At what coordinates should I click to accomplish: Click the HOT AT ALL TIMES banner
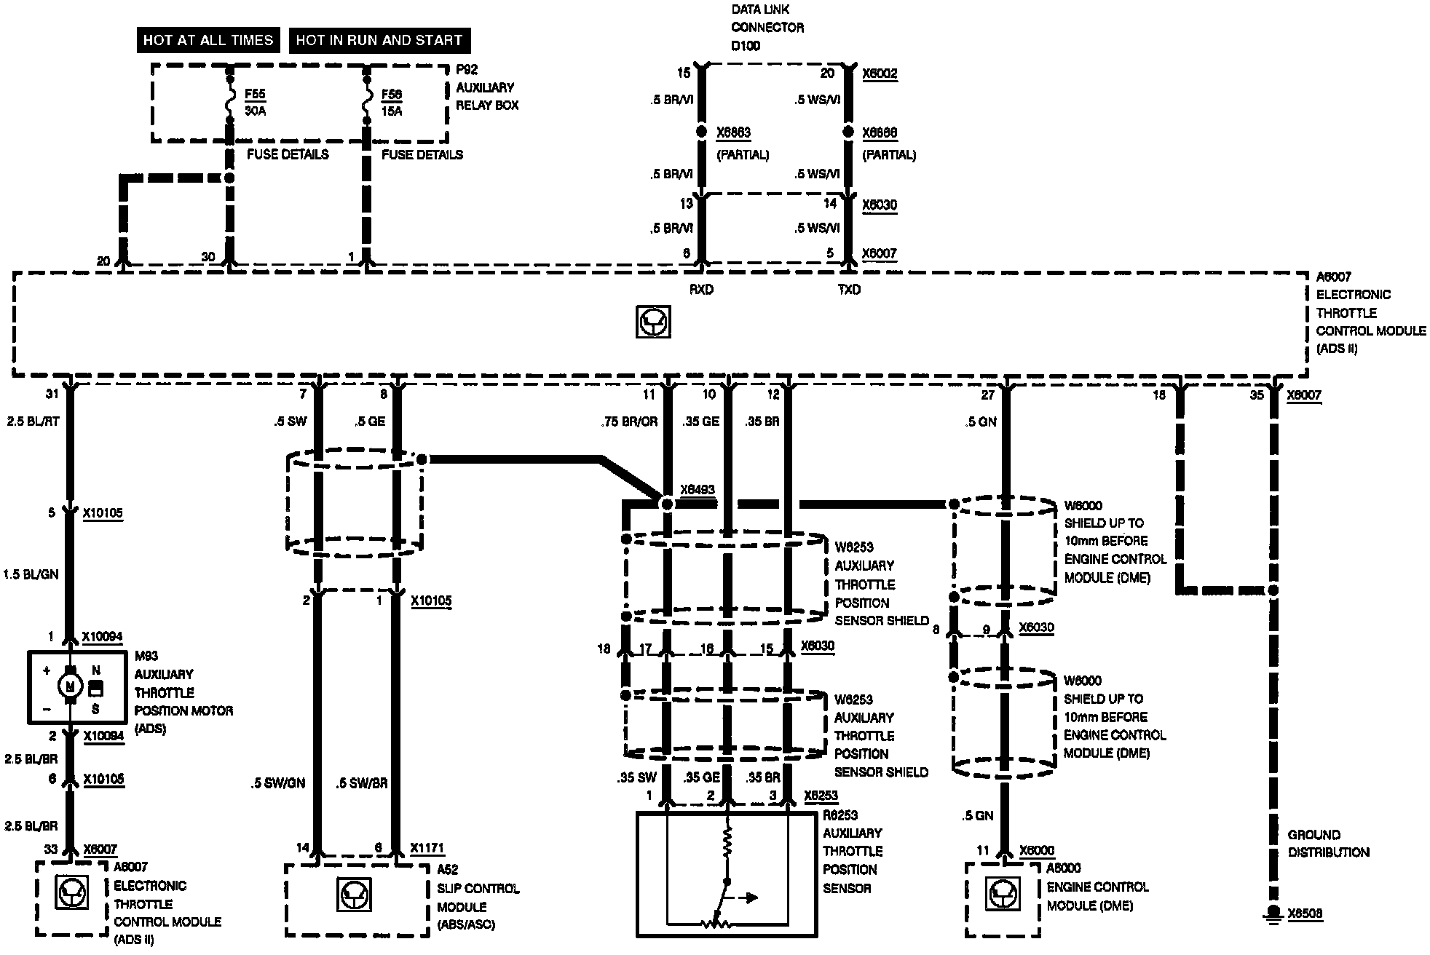click(x=208, y=40)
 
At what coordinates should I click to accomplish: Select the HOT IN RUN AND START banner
click(x=379, y=40)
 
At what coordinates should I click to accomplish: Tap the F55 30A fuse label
click(x=256, y=103)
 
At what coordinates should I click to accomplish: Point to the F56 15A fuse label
click(x=392, y=103)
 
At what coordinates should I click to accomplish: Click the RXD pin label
click(x=701, y=290)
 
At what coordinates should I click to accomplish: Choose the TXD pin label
click(x=849, y=290)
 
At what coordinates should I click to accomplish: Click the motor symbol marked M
click(x=71, y=686)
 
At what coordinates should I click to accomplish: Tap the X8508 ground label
click(x=1305, y=914)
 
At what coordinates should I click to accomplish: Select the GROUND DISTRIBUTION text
click(x=1328, y=844)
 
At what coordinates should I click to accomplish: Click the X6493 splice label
click(x=697, y=490)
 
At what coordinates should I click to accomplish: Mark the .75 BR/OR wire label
click(x=629, y=421)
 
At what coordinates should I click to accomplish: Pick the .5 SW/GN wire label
click(x=277, y=783)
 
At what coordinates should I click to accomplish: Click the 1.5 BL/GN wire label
click(x=31, y=574)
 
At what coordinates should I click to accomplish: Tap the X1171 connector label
click(x=427, y=848)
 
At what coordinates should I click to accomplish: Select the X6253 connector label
click(x=821, y=796)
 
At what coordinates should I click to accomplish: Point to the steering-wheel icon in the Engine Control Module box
click(x=1002, y=895)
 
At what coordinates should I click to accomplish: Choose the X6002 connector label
click(x=880, y=74)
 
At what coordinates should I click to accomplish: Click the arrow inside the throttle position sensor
click(x=748, y=897)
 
